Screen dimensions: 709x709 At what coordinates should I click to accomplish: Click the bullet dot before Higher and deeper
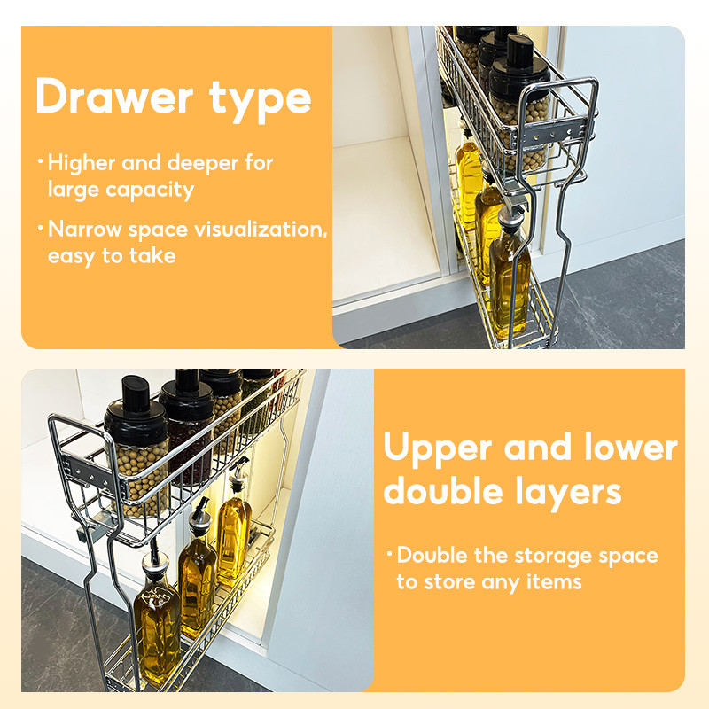[x=40, y=162]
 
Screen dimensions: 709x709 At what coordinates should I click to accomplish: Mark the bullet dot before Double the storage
[x=388, y=556]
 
